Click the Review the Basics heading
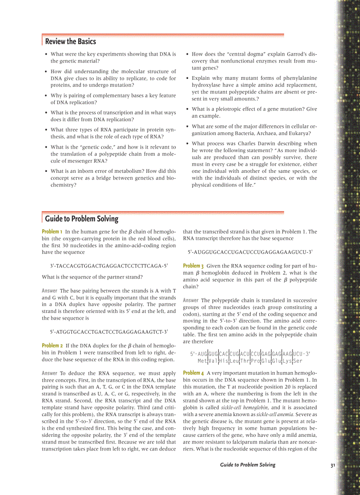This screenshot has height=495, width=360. (71, 41)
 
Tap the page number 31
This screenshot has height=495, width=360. (333, 465)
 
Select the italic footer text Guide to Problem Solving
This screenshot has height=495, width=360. (247, 465)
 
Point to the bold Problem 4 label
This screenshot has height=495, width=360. (193, 373)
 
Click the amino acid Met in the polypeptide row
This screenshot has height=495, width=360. (202, 361)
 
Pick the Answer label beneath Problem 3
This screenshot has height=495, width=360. (191, 300)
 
